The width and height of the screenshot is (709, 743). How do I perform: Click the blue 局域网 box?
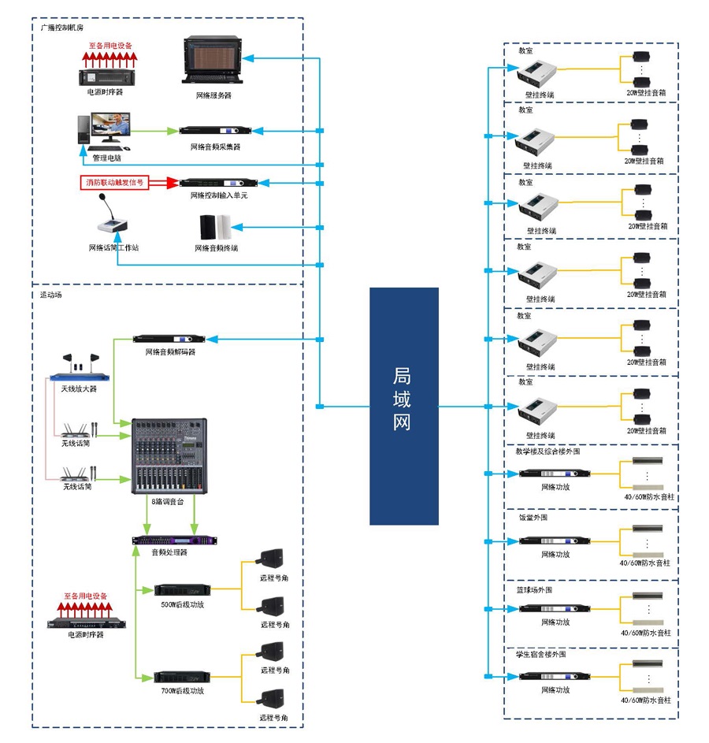[x=403, y=406]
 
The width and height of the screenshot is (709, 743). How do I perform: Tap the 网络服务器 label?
[x=213, y=95]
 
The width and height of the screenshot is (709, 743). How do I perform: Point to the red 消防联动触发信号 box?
[x=115, y=183]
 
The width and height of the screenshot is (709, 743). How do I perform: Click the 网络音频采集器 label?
[x=215, y=147]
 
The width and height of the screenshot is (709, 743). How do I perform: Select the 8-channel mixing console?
[x=169, y=456]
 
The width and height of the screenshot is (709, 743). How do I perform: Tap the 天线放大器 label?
[x=79, y=388]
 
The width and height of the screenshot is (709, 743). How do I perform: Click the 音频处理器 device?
[x=170, y=541]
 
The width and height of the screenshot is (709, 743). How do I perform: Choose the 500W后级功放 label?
[x=182, y=604]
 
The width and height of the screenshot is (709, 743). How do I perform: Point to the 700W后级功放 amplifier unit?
[x=182, y=676]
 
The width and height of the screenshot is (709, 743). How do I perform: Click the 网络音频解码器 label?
[x=170, y=351]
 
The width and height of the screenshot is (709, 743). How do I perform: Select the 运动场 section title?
[x=51, y=295]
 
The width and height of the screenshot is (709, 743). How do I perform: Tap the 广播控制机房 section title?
[x=62, y=28]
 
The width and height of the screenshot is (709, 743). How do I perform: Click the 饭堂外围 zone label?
[x=533, y=518]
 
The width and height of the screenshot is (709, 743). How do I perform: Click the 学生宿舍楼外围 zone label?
[x=540, y=654]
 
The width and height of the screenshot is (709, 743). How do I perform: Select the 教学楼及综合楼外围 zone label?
[x=548, y=452]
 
